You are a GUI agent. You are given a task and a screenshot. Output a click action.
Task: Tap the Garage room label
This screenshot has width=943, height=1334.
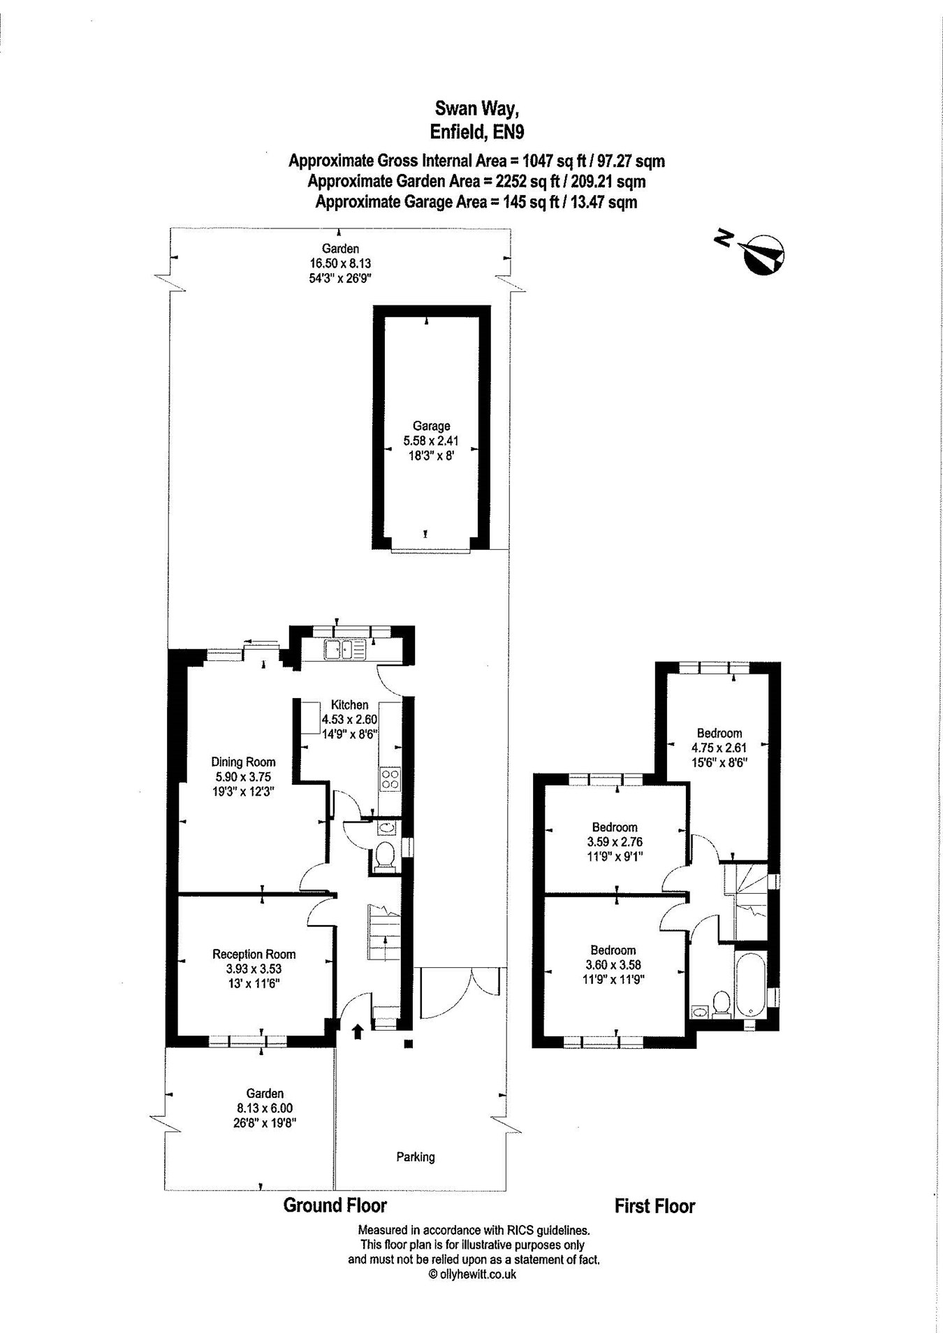point(431,426)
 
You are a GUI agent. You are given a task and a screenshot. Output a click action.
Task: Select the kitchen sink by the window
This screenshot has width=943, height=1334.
point(344,651)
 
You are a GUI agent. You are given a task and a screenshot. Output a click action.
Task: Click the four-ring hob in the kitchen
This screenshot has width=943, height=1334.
point(390,778)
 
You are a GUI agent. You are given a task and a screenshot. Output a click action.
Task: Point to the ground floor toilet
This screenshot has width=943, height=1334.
point(385,857)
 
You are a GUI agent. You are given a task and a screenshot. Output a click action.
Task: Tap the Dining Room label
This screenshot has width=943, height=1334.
point(243,762)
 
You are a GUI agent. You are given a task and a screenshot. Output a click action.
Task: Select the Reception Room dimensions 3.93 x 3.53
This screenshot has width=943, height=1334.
point(254,969)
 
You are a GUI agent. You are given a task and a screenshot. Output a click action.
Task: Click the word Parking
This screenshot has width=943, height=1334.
point(416,1157)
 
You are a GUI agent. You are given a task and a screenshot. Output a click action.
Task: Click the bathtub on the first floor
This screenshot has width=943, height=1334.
point(751,984)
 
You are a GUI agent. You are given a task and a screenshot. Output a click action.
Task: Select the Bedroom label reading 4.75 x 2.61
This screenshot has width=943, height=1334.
point(719,747)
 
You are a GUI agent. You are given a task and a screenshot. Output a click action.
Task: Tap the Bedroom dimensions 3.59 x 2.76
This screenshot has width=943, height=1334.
point(615,841)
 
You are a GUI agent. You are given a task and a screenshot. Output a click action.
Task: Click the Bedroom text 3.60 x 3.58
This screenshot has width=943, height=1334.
point(613,964)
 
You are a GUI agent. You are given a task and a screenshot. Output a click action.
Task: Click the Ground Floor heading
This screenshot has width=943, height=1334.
point(335,1205)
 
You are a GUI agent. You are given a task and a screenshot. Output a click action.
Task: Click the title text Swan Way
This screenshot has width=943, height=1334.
point(477,108)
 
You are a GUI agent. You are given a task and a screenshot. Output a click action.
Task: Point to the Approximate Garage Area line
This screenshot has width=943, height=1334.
point(476,203)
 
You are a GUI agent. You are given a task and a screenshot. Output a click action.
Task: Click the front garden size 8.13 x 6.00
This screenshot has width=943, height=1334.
point(265,1108)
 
